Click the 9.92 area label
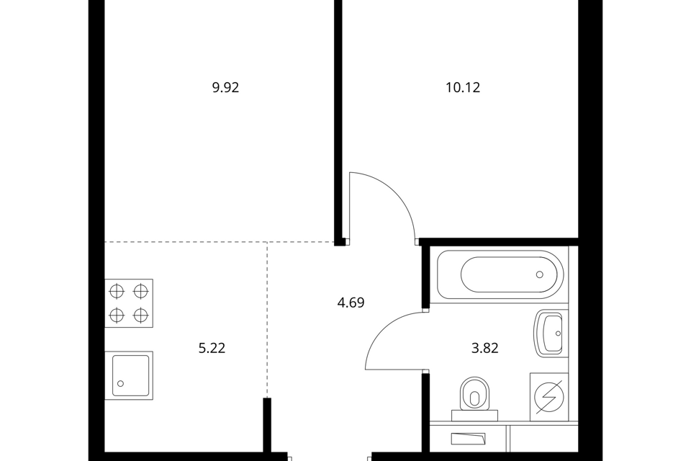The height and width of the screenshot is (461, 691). click(225, 88)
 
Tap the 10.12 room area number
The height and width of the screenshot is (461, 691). click(463, 88)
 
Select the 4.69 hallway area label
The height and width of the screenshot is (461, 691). click(351, 303)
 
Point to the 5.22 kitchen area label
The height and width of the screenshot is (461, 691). click(212, 349)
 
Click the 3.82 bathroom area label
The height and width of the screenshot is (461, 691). click(484, 349)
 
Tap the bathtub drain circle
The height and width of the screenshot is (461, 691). click(539, 274)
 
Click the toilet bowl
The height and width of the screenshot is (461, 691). click(474, 393)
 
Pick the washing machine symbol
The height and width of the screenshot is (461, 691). click(549, 397)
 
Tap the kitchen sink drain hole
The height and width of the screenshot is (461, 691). click(120, 384)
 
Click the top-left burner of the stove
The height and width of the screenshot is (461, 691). click(117, 291)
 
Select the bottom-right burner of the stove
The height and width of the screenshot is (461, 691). click(140, 315)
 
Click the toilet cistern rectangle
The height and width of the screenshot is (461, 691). click(474, 416)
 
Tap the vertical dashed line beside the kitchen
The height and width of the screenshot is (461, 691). click(266, 319)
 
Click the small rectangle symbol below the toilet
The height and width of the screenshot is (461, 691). click(468, 439)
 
